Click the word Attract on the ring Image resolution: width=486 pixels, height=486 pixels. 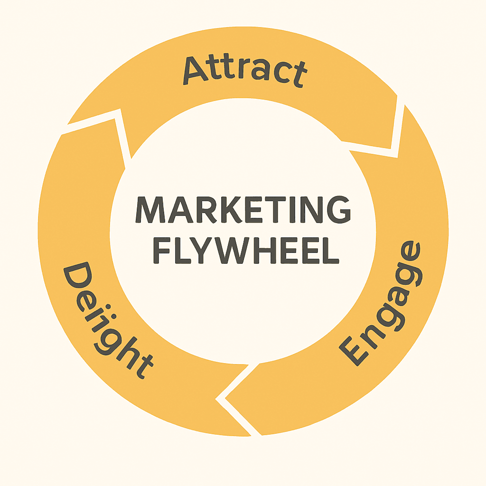pos(245,71)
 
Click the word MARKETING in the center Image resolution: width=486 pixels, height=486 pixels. pos(243,210)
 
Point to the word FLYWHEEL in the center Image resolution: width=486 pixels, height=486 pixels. pos(246,250)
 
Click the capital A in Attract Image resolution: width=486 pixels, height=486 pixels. pos(195,71)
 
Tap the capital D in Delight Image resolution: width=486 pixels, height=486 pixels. pos(77,276)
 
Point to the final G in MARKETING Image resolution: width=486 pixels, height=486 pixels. pos(339,210)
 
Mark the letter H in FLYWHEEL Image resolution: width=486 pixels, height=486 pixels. pos(265,251)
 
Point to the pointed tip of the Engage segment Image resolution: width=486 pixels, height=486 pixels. pos(225,398)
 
